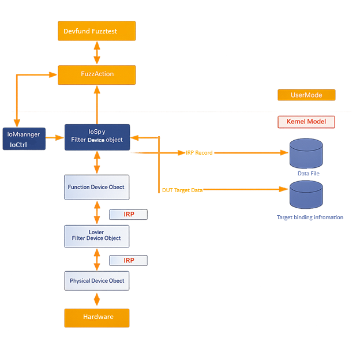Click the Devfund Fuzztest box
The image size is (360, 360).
pos(96,31)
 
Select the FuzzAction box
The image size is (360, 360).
pos(96,74)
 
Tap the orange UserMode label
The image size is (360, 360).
pos(306,95)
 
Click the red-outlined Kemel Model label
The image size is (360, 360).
pos(306,122)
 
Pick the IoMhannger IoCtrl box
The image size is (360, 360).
pos(24,139)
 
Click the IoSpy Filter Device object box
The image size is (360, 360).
pos(97,137)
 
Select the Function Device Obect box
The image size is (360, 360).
pos(96,187)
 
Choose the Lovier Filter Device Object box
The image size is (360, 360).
pos(96,235)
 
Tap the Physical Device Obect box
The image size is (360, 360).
pos(96,281)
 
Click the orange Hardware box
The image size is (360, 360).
pos(96,317)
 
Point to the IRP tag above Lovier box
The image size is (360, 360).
pos(128,215)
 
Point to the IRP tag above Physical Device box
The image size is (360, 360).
pos(128,261)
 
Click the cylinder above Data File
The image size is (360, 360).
pos(306,152)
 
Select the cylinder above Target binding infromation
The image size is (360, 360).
pos(306,194)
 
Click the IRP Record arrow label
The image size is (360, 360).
pos(199,153)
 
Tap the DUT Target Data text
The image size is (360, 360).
pos(182,190)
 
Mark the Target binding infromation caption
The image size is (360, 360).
pos(310,217)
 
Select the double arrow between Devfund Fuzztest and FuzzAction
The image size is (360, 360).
pos(96,53)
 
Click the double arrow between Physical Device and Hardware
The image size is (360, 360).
pos(96,299)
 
